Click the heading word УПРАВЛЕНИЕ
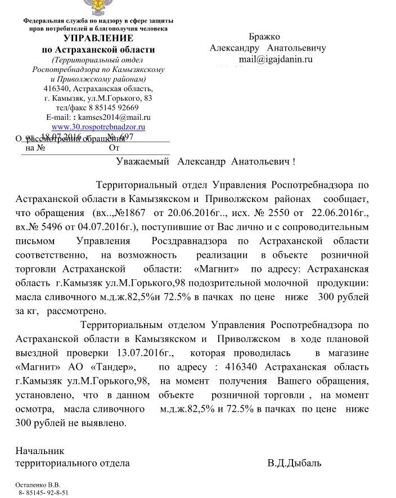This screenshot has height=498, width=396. [98, 38]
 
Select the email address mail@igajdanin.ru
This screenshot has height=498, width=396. [276, 59]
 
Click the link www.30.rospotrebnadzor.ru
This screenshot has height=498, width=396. [98, 127]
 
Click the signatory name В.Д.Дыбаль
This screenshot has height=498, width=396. [294, 464]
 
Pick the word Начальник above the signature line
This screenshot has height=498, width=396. [40, 451]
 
